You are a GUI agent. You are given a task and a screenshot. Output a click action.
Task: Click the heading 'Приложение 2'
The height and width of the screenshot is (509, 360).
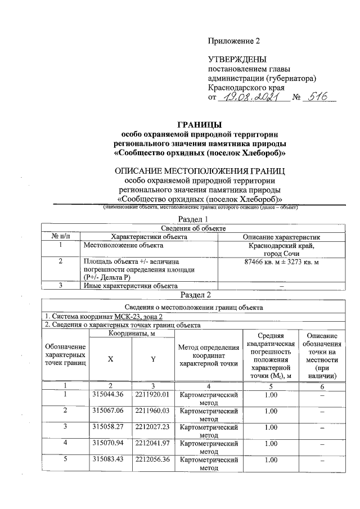[235, 42]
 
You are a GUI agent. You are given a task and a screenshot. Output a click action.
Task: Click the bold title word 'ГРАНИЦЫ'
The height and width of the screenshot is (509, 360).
[200, 125]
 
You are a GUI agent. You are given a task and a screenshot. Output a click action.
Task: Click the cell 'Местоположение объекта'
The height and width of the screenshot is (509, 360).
[123, 245]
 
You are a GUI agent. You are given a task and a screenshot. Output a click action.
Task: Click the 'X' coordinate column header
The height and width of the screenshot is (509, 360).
[110, 359]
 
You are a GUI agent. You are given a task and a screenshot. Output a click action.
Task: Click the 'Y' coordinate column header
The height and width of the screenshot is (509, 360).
[152, 359]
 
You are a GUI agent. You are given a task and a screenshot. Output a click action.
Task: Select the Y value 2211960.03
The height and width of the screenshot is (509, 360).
[152, 411]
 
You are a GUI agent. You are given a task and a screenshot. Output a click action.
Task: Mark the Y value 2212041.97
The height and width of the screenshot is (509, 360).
[152, 444]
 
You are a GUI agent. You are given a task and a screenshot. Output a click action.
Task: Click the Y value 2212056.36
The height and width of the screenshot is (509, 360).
[152, 460]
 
